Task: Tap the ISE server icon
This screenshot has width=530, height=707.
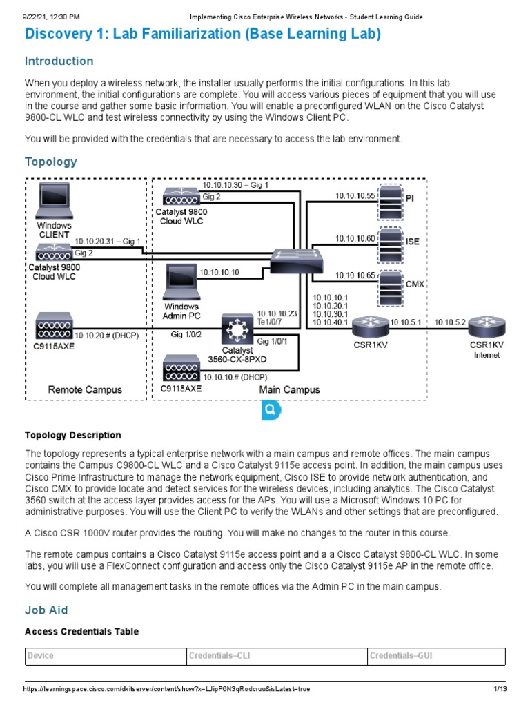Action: (x=391, y=241)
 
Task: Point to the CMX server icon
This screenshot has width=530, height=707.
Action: (x=391, y=283)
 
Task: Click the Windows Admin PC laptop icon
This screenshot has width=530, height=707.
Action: (x=181, y=282)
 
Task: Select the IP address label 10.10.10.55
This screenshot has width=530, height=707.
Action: (x=355, y=196)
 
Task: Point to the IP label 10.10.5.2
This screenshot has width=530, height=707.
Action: (x=450, y=321)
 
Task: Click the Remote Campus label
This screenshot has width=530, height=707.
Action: (x=84, y=389)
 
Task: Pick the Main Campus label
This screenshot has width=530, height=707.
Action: (x=289, y=389)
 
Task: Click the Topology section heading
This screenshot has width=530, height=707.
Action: (x=50, y=162)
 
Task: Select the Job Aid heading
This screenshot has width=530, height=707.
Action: (x=46, y=610)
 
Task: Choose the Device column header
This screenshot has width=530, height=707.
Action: (x=40, y=656)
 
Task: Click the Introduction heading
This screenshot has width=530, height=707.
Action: (x=59, y=61)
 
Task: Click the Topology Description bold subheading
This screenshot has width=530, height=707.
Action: (x=72, y=435)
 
